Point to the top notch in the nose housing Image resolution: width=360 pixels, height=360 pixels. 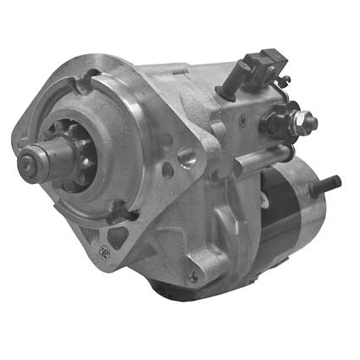pyautogui.click(x=86, y=82)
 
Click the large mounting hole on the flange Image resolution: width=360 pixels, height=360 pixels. pyautogui.click(x=186, y=157)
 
